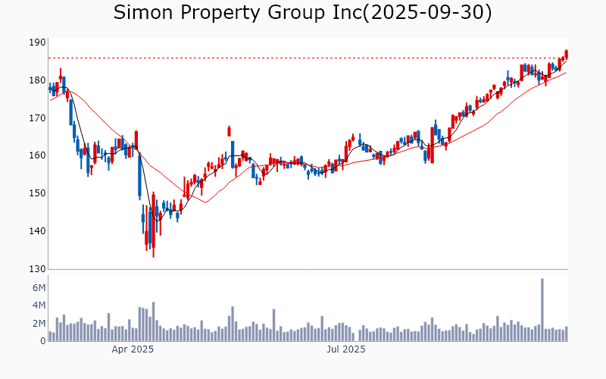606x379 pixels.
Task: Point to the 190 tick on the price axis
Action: click(x=37, y=42)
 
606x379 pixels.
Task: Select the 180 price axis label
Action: click(x=37, y=80)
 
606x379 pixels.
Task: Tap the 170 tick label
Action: click(x=37, y=118)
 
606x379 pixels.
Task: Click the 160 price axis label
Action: click(x=37, y=156)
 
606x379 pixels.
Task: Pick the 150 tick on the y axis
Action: click(x=37, y=194)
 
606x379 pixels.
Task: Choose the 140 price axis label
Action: click(x=37, y=232)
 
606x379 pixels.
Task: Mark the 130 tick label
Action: click(x=37, y=270)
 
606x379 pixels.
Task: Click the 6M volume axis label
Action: click(x=39, y=288)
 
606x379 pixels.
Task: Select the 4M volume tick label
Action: click(x=39, y=306)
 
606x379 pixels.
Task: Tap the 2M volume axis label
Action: click(x=39, y=324)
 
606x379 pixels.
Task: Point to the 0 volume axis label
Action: click(x=42, y=341)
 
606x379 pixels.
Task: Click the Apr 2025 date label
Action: click(x=133, y=350)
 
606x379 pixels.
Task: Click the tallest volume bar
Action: click(x=542, y=310)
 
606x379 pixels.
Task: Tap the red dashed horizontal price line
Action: click(x=303, y=58)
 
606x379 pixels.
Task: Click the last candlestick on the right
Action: click(x=566, y=53)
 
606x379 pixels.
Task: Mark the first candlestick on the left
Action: click(x=50, y=89)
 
